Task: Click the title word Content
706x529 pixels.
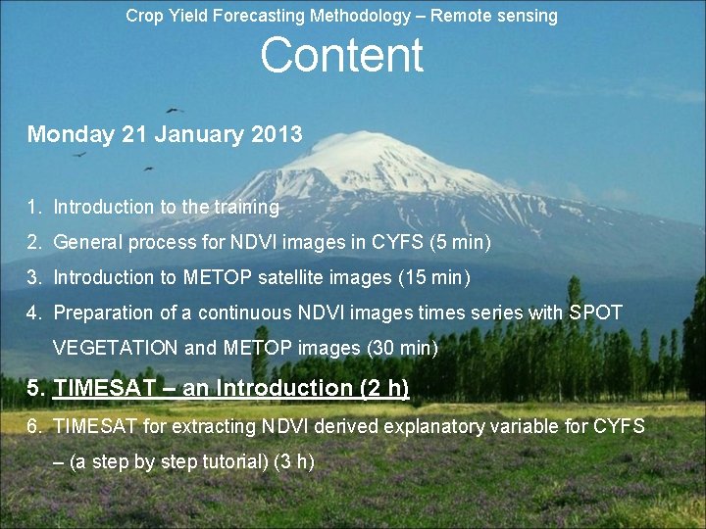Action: click(341, 56)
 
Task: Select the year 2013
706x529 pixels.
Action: click(277, 134)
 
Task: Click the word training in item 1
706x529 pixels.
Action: click(246, 207)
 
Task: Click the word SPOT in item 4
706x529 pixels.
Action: click(594, 313)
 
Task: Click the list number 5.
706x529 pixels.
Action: click(36, 388)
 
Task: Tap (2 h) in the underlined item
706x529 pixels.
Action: click(384, 388)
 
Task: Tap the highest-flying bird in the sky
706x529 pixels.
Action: click(176, 110)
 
